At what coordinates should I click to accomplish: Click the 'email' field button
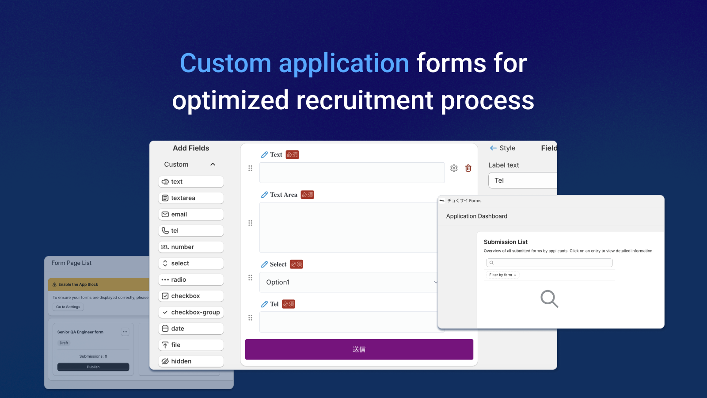click(191, 214)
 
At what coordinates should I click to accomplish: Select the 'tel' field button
click(191, 231)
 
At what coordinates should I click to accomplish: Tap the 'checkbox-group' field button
click(191, 312)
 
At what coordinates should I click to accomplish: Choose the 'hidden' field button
click(191, 361)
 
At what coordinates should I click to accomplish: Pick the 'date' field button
click(191, 329)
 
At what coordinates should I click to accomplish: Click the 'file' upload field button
click(191, 345)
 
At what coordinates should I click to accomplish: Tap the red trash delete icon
click(468, 168)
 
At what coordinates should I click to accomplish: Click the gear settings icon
click(454, 168)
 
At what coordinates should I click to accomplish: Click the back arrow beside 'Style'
click(493, 148)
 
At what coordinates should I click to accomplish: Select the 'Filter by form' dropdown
click(503, 275)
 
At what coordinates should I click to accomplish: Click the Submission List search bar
click(549, 263)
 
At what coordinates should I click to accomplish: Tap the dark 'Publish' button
click(93, 367)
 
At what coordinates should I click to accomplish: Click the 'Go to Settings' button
click(68, 307)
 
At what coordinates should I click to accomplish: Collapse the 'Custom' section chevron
click(213, 165)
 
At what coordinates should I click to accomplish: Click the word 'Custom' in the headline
click(225, 63)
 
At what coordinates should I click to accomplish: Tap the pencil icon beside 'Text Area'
click(264, 195)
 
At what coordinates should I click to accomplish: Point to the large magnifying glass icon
click(549, 299)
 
